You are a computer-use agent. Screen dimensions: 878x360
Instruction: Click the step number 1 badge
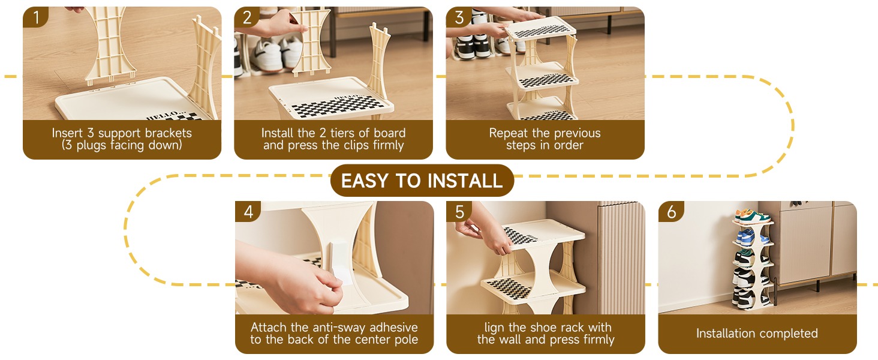pyautogui.click(x=35, y=17)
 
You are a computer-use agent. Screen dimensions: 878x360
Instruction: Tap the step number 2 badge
pyautogui.click(x=247, y=17)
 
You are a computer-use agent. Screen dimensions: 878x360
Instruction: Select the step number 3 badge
pyautogui.click(x=459, y=17)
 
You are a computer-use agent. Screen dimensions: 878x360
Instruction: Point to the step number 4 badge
pyautogui.click(x=248, y=212)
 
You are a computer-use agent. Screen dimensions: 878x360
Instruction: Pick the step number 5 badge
pyautogui.click(x=459, y=212)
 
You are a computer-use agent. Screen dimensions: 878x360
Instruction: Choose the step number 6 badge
pyautogui.click(x=672, y=212)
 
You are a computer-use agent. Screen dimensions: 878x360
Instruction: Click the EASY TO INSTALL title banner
pyautogui.click(x=422, y=181)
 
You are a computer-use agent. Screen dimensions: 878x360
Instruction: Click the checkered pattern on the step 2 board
pyautogui.click(x=336, y=106)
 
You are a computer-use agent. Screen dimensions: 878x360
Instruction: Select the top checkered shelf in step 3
pyautogui.click(x=540, y=28)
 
